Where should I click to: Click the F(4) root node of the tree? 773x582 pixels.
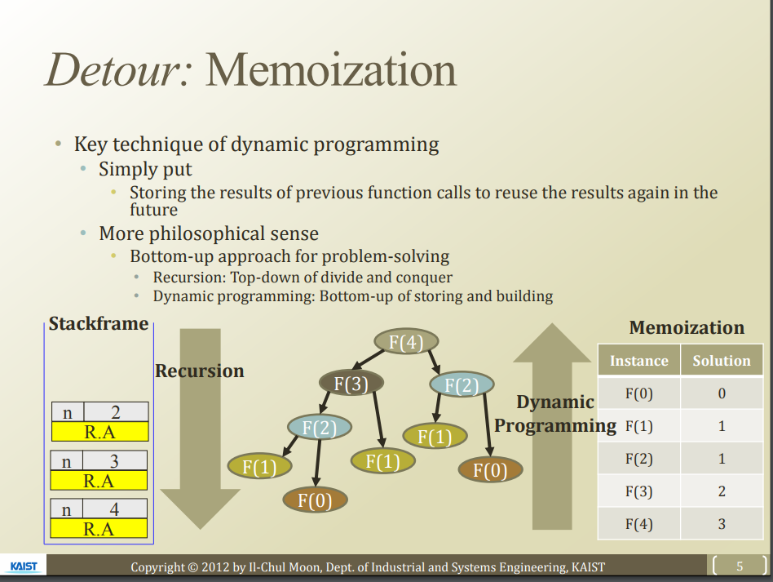point(406,342)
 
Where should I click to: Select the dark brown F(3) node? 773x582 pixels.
point(351,382)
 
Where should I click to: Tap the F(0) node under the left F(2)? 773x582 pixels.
point(315,500)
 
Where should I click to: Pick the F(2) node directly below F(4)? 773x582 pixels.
point(462,384)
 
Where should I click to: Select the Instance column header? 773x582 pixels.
point(638,361)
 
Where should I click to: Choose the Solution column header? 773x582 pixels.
point(722,361)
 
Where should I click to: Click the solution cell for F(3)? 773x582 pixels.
point(722,491)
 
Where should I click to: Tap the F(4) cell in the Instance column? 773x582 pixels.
point(638,524)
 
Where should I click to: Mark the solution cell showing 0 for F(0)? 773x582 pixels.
point(722,393)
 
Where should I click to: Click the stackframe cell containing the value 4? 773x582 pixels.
point(115,509)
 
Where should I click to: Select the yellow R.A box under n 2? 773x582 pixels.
point(99,432)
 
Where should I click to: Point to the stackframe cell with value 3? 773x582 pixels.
point(115,461)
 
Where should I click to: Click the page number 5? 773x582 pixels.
point(740,566)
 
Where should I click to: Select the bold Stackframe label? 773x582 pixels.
point(98,324)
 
